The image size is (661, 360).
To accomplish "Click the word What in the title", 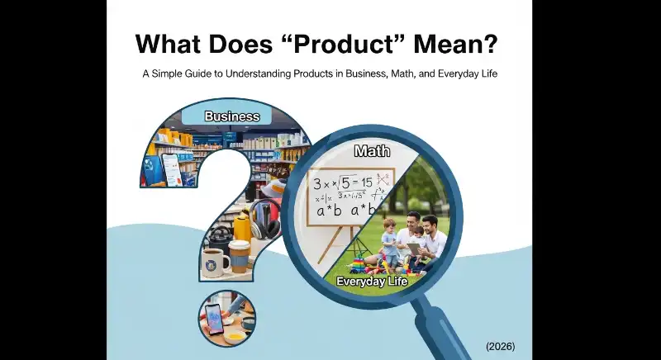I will pyautogui.click(x=169, y=42).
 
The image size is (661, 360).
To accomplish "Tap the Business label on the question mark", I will pyautogui.click(x=231, y=116).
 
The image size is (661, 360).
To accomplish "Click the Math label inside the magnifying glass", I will pyautogui.click(x=372, y=151).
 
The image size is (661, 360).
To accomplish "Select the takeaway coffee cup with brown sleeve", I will pyautogui.click(x=239, y=258).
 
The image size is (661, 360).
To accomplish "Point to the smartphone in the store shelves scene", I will pyautogui.click(x=169, y=169).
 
